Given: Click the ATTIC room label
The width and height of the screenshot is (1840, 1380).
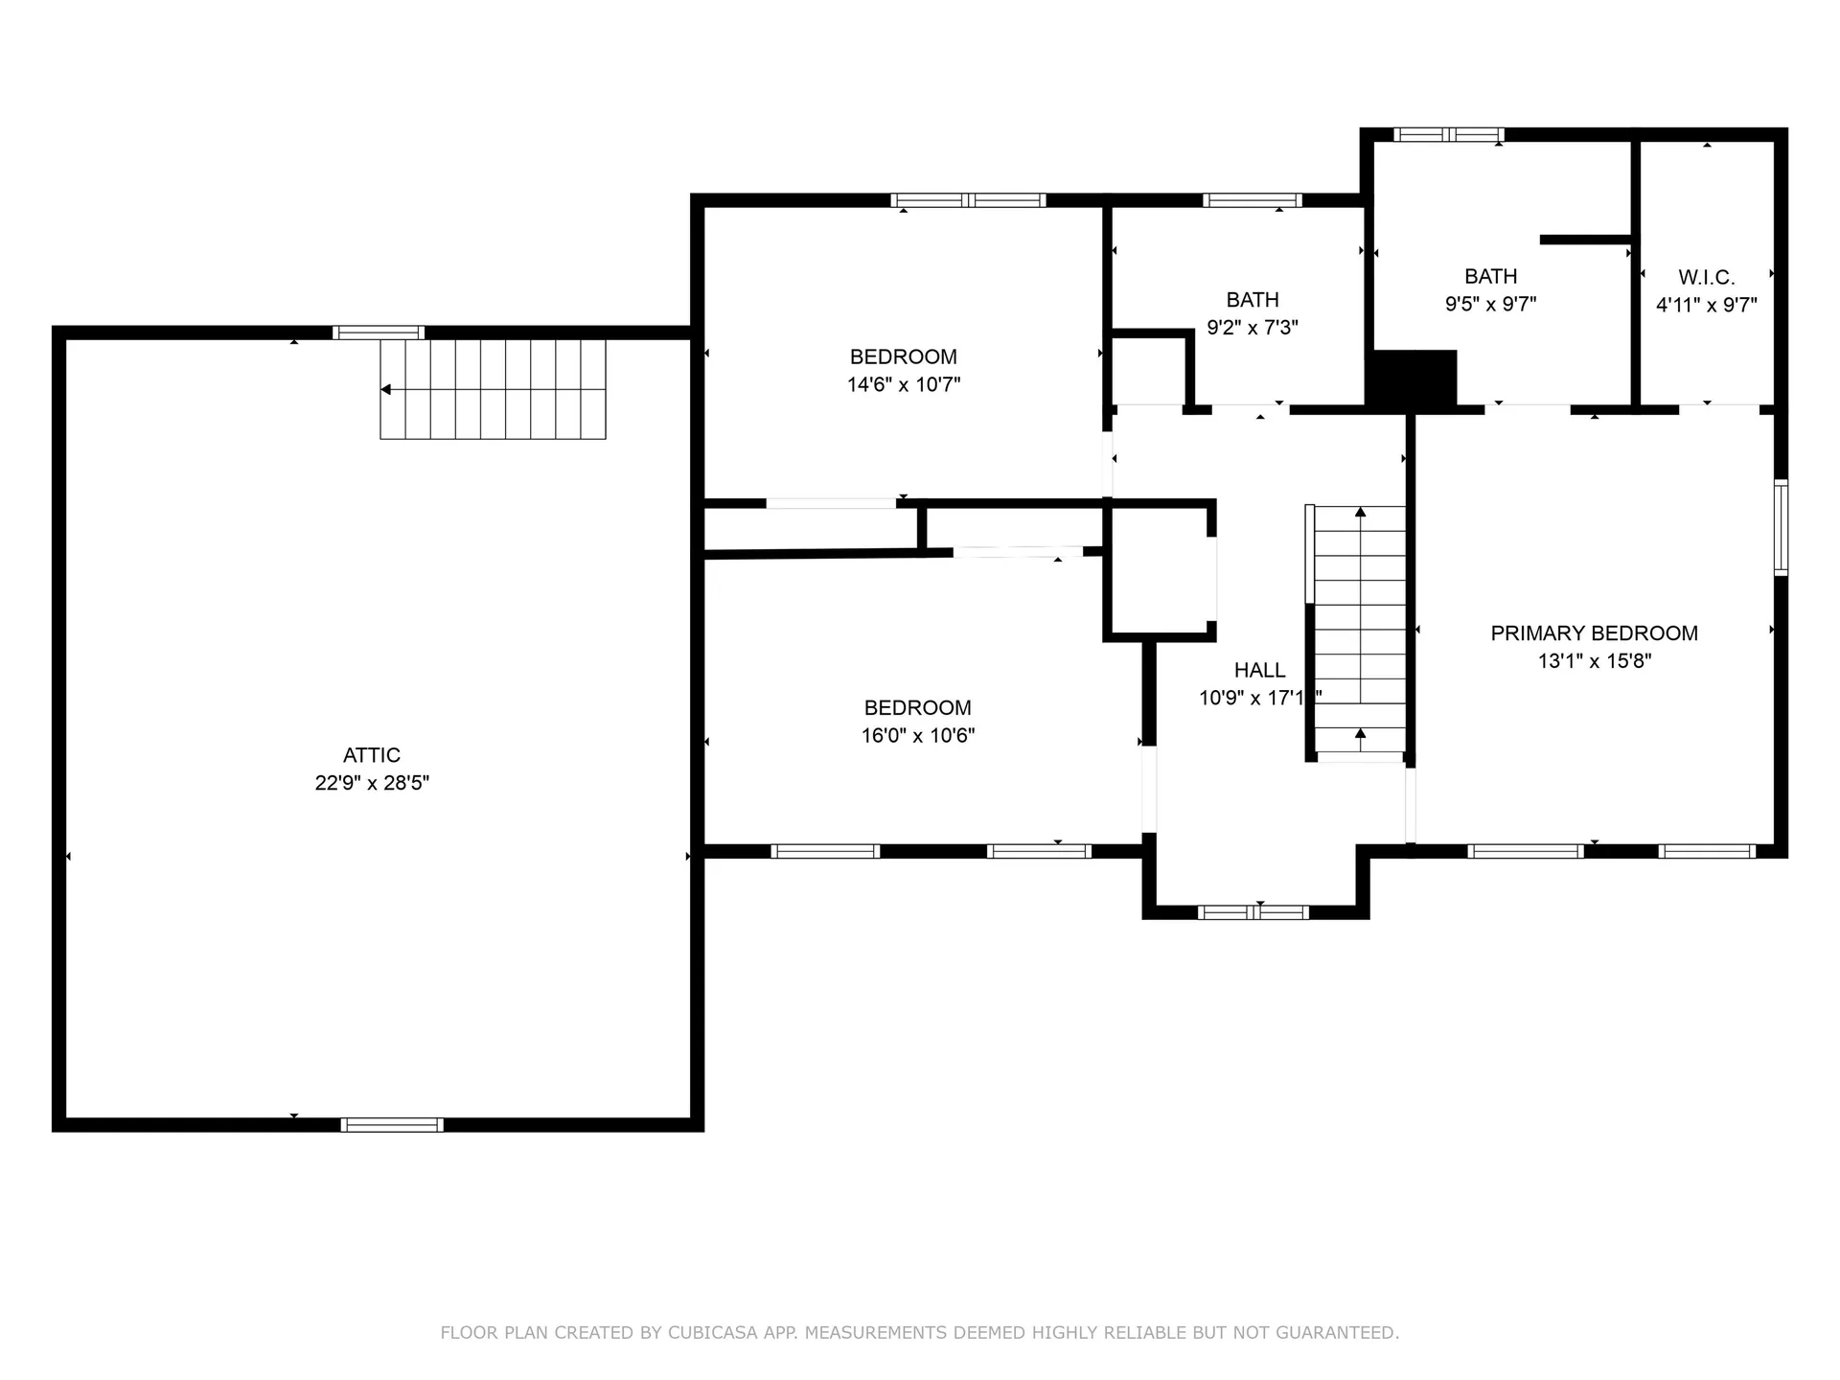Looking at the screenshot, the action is pyautogui.click(x=372, y=755).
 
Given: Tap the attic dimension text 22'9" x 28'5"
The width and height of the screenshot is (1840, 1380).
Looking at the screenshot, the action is pyautogui.click(x=372, y=783).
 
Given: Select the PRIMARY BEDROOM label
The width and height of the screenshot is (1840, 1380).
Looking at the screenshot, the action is pyautogui.click(x=1595, y=633).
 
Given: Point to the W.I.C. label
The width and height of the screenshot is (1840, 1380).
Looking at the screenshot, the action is pyautogui.click(x=1707, y=278).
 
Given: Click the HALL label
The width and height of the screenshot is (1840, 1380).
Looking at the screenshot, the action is pyautogui.click(x=1260, y=670).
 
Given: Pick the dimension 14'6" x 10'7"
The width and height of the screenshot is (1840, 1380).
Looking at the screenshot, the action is pyautogui.click(x=904, y=385).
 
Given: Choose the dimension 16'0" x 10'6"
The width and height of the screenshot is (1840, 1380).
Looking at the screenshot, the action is pyautogui.click(x=918, y=736).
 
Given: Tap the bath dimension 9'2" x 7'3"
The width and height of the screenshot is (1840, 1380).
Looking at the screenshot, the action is pyautogui.click(x=1253, y=328).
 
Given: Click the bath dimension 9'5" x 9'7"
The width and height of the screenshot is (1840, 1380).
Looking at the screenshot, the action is pyautogui.click(x=1491, y=305).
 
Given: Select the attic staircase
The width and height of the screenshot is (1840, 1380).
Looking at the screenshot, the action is pyautogui.click(x=493, y=389).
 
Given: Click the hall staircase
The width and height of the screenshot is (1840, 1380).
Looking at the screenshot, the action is pyautogui.click(x=1359, y=632).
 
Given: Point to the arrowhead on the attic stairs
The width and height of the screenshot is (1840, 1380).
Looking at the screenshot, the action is pyautogui.click(x=385, y=389).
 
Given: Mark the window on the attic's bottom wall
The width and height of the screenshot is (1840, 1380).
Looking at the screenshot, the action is pyautogui.click(x=392, y=1125).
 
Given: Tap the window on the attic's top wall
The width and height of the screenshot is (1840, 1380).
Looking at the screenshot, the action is pyautogui.click(x=379, y=333).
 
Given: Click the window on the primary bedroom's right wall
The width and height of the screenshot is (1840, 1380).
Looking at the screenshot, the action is pyautogui.click(x=1781, y=527).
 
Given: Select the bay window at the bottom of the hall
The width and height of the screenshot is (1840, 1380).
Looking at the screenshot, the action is pyautogui.click(x=1253, y=912).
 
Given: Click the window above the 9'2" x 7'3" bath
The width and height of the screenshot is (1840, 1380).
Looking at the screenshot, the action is pyautogui.click(x=1253, y=200).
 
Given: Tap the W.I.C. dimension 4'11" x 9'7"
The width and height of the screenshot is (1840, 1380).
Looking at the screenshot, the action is pyautogui.click(x=1707, y=306).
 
